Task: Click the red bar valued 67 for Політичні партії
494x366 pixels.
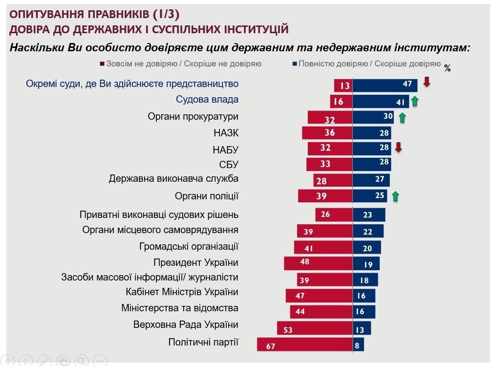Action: (x=305, y=344)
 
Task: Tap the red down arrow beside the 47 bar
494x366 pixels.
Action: (x=427, y=82)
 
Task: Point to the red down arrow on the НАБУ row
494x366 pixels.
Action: (x=398, y=147)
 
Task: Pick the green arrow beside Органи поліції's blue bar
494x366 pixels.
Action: (x=395, y=196)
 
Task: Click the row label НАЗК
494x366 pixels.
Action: (x=226, y=133)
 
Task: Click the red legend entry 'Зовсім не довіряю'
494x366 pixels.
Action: (x=181, y=64)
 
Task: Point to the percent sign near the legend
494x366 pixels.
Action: (x=447, y=68)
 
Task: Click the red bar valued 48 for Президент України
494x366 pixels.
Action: (x=318, y=263)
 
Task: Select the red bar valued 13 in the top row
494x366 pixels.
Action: (x=344, y=85)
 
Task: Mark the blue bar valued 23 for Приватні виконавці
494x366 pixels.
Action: (x=369, y=215)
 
